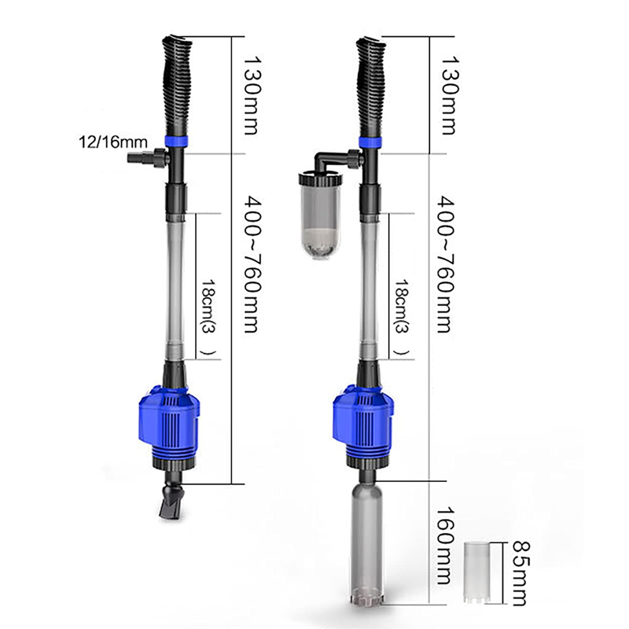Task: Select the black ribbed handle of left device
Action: [176, 86]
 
